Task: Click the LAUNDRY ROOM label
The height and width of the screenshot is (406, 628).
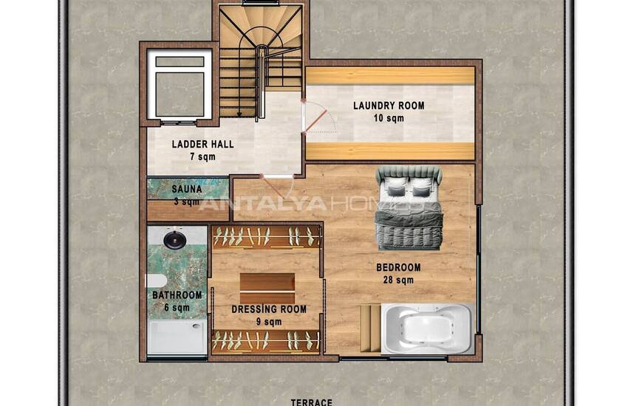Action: pos(389,106)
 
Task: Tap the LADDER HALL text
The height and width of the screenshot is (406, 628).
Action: pos(202,145)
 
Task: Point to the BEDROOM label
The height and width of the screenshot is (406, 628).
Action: pos(398,267)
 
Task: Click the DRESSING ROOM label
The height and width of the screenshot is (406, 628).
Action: pos(269,309)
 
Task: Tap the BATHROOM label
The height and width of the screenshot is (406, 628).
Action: pos(177,295)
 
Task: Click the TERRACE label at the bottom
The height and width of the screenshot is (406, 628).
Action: pos(311,402)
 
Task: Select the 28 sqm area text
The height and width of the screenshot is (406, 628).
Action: pos(398,281)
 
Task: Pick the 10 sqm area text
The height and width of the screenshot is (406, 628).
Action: pos(389,118)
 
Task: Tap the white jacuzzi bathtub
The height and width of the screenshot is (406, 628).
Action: pos(426,328)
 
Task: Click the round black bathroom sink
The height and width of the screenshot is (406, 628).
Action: pos(174,240)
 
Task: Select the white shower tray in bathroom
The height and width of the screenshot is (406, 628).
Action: pos(177,337)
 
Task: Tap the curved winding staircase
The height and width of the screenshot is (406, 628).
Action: pos(260,59)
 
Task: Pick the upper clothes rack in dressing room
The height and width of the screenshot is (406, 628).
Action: pos(266,237)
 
